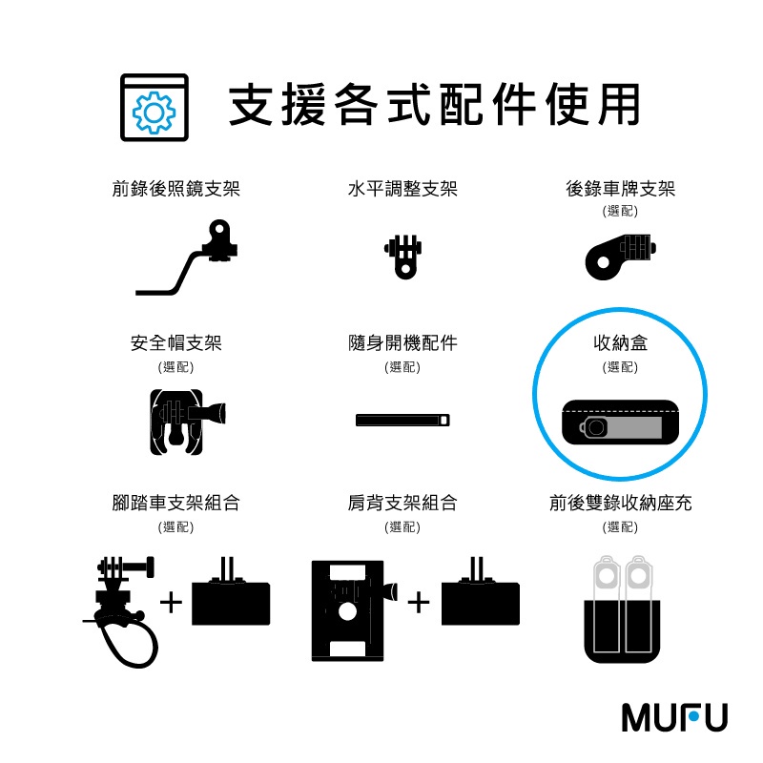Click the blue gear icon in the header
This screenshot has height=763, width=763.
(x=155, y=113)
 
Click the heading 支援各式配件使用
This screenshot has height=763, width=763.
(x=434, y=105)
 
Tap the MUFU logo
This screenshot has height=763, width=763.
(x=674, y=717)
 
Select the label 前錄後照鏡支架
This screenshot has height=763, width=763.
(x=176, y=189)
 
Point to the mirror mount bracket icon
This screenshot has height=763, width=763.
(x=186, y=257)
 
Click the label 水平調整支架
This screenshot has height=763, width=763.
(x=402, y=189)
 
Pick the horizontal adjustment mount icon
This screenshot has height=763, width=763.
(x=403, y=257)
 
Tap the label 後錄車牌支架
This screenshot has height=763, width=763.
(x=621, y=189)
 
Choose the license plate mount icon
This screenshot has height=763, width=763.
(x=621, y=257)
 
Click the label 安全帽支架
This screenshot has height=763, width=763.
(x=176, y=343)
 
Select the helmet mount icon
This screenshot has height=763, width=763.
(x=188, y=422)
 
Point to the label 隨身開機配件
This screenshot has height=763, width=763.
(x=402, y=343)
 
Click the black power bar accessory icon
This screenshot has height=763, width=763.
(x=402, y=420)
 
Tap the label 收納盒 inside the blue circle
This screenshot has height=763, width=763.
(x=621, y=343)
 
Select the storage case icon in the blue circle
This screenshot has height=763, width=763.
(x=621, y=423)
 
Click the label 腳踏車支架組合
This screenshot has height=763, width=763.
(x=176, y=504)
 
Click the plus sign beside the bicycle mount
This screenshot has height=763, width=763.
(x=172, y=604)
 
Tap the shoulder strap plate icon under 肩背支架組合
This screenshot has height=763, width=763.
(x=354, y=611)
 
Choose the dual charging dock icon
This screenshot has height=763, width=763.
(x=622, y=609)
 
